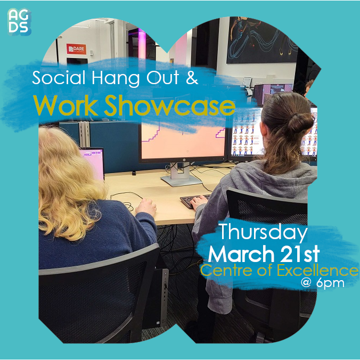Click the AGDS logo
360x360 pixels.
coord(19,22)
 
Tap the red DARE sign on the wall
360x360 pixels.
coord(76,49)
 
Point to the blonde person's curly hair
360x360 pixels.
coord(69,176)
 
